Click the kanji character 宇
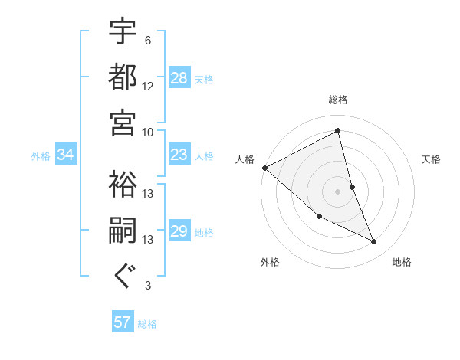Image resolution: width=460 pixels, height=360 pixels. (123, 31)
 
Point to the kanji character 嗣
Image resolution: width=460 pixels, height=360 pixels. (123, 231)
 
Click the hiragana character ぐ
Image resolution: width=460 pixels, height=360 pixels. (123, 277)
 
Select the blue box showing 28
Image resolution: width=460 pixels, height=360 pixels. (179, 78)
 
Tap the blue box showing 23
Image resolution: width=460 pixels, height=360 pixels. (179, 155)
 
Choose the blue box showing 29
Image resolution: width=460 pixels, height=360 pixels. (179, 231)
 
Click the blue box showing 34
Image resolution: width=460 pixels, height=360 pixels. (66, 155)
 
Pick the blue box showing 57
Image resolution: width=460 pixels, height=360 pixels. (123, 322)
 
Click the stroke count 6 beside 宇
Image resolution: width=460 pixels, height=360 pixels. (148, 41)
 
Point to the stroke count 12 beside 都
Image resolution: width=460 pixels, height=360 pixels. (148, 86)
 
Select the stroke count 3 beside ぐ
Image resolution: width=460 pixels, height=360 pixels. (148, 286)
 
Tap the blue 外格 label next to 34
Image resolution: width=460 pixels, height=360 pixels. (41, 156)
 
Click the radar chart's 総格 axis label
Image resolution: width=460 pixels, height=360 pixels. (338, 100)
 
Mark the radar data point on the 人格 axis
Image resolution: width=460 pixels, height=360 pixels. (264, 168)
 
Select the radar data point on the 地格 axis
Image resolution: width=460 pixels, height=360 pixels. (373, 242)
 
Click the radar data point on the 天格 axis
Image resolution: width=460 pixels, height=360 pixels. (352, 186)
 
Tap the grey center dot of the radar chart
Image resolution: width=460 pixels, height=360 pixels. (338, 191)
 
